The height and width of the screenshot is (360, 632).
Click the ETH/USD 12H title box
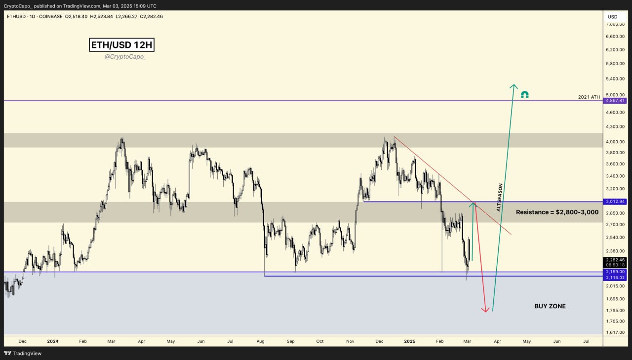(122, 45)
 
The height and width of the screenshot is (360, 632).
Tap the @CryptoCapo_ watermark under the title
(125, 57)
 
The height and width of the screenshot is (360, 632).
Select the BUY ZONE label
(550, 306)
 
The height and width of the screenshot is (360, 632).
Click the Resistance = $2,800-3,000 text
(557, 212)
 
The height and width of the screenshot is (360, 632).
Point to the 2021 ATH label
(589, 97)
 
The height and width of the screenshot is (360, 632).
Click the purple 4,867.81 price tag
(615, 101)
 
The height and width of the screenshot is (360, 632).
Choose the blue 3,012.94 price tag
(615, 201)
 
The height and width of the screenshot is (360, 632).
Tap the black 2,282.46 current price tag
(615, 260)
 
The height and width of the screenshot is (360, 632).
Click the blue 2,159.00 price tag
(615, 272)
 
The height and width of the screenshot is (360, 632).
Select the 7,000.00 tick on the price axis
(615, 24)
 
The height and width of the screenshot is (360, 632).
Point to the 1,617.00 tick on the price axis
(615, 332)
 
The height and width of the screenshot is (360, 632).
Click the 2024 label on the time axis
(53, 341)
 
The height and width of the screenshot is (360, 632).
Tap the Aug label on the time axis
(261, 341)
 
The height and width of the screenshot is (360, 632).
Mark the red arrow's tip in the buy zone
(486, 312)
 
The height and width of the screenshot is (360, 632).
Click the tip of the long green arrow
(514, 85)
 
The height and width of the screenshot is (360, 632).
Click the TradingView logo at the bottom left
(23, 353)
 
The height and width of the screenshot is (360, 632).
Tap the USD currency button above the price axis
(612, 17)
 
